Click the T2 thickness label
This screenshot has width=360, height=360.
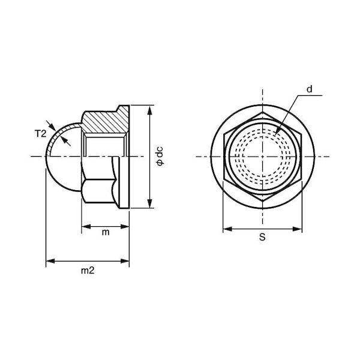point(40,134)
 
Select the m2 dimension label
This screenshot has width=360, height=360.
point(88,271)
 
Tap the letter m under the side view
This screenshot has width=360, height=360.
point(106,232)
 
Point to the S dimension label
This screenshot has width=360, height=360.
point(262,237)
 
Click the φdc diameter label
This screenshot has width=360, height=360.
point(160,156)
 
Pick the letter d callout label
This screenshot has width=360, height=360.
point(310,89)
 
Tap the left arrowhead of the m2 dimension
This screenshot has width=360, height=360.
point(50,261)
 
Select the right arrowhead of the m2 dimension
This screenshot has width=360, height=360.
point(125,261)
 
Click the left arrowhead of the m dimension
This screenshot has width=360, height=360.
point(86,227)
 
